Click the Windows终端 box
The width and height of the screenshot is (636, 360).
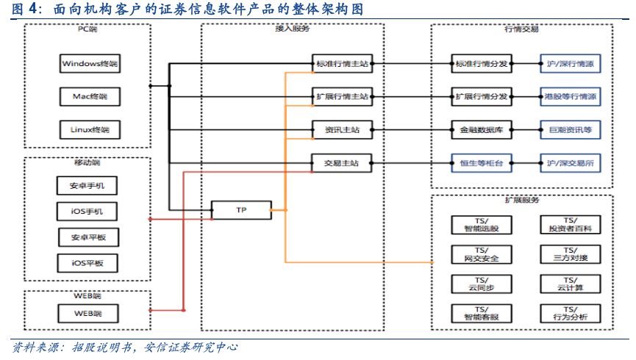(x=88, y=64)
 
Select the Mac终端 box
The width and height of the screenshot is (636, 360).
(x=88, y=97)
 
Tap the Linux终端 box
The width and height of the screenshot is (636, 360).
(x=88, y=130)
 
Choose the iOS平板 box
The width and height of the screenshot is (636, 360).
(x=88, y=262)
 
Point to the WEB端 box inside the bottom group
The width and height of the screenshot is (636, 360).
(x=88, y=314)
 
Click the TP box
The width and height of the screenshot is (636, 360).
(x=240, y=210)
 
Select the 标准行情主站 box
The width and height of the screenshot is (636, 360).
(x=342, y=64)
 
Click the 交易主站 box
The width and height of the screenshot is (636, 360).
(x=342, y=162)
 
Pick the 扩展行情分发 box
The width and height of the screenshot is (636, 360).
(x=481, y=96)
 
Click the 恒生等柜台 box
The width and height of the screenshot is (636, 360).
(x=481, y=162)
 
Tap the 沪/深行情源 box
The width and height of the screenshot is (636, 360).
(x=571, y=64)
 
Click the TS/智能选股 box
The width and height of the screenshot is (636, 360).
(x=481, y=224)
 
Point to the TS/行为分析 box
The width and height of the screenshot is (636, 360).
(x=571, y=314)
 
